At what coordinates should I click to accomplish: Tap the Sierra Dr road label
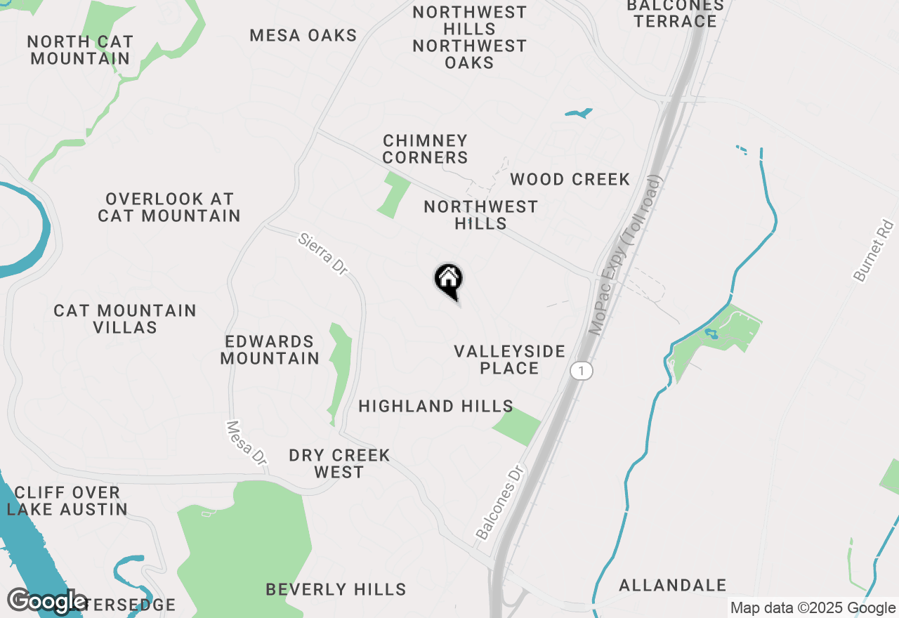point(323,254)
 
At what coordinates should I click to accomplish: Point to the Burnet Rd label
point(875,251)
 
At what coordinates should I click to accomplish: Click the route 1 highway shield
point(581,370)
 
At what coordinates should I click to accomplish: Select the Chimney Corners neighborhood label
point(425,149)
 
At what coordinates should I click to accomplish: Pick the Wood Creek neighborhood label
point(570,180)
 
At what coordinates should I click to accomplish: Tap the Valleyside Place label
point(509,360)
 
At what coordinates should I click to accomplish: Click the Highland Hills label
point(435,406)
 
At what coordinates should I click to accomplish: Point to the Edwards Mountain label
point(270,350)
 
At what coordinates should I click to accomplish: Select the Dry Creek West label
point(339,463)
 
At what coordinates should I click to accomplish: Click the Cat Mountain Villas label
point(125,319)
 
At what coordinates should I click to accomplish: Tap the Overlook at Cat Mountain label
point(169,207)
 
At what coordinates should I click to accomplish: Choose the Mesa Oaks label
point(303,35)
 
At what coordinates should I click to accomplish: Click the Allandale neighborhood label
point(673,585)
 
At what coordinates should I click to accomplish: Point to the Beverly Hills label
point(336,589)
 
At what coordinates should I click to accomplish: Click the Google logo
point(47,602)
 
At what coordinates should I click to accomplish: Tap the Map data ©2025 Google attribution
point(813,608)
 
